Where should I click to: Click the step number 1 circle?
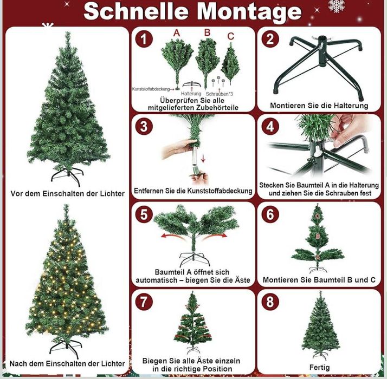pos(144,39)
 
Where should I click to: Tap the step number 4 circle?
pos(270,127)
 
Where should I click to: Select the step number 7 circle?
pos(144,302)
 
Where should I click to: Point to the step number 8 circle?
pos(270,302)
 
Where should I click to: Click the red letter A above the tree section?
pos(177,33)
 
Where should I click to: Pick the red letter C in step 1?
pos(231,36)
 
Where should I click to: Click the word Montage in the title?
pos(249,12)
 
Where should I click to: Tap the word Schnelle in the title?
pos(136,11)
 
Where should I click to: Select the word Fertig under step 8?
pos(319,368)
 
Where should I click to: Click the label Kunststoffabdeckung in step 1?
pos(151,89)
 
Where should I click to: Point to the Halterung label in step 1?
pos(191,94)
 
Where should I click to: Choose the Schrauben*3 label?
pos(219,94)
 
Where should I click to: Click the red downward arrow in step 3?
pos(203,159)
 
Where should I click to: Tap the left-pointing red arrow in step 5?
pos(172,236)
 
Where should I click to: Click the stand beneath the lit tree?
pos(66,348)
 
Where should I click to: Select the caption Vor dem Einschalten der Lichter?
pos(67,194)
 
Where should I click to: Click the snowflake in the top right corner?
pos(337,5)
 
